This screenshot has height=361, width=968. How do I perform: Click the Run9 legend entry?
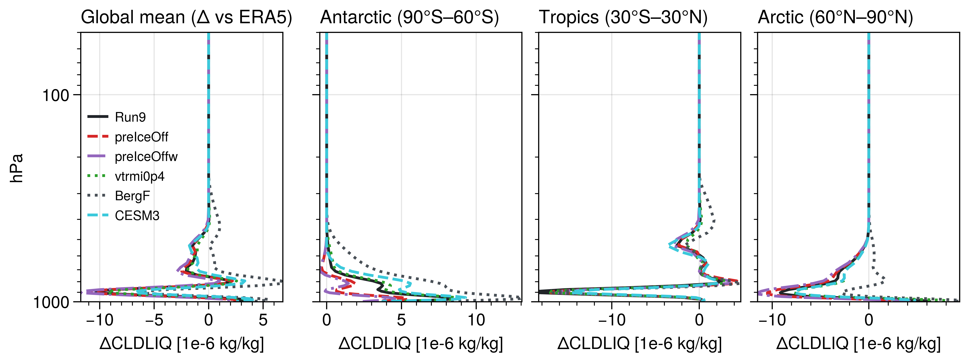(x=130, y=117)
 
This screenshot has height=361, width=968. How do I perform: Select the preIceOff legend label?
(x=141, y=137)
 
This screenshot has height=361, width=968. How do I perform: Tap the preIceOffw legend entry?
(x=146, y=157)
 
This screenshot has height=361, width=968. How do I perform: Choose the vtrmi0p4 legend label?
(x=139, y=176)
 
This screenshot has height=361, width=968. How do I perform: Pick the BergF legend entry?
(x=132, y=196)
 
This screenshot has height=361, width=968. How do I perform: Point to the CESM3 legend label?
(x=137, y=216)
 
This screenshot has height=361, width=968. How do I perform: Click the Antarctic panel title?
(x=409, y=17)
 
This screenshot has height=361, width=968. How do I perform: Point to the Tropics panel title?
(x=623, y=17)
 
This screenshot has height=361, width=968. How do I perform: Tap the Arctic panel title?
(x=835, y=17)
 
